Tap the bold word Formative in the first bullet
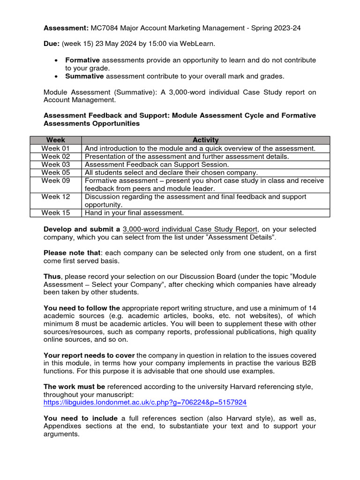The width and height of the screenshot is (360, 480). click(82, 60)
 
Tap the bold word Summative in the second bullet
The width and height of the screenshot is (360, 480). click(84, 76)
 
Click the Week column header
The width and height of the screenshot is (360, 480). click(56, 140)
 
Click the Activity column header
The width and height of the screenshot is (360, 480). click(205, 140)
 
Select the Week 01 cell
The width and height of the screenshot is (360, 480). click(56, 148)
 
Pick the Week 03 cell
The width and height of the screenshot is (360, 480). click(56, 165)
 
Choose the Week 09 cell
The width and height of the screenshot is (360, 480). click(56, 180)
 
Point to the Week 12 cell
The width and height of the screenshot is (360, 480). click(56, 197)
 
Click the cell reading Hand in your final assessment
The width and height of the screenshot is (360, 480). click(134, 213)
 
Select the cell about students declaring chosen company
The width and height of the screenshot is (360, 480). click(171, 172)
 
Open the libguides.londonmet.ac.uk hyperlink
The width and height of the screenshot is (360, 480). click(145, 402)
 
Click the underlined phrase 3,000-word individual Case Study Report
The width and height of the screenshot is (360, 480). click(190, 229)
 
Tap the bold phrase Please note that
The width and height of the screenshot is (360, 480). click(72, 253)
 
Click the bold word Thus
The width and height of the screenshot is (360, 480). click(52, 277)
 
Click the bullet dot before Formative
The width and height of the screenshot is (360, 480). click(56, 60)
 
